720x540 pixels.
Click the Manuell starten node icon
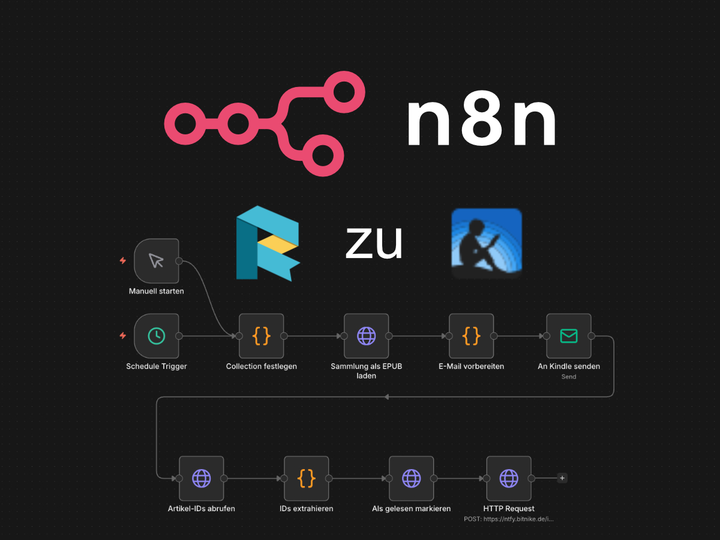pos(156,260)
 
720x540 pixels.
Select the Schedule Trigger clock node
pos(156,336)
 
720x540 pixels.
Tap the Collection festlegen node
pos(261,336)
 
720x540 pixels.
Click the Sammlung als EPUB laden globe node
pos(366,336)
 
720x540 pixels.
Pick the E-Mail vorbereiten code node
pos(471,336)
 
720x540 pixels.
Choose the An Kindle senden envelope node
pos(568,336)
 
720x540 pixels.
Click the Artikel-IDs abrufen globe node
pos(201,478)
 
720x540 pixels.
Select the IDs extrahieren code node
pos(306,478)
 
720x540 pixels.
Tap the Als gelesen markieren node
pos(411,478)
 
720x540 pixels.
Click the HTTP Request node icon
pos(508,478)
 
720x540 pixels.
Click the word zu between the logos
pos(373,243)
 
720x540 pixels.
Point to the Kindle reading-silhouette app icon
pos(486,243)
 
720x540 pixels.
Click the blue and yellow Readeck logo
pos(267,243)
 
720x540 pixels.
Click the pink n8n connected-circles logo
pos(264,123)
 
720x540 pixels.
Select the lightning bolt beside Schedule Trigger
pos(123,336)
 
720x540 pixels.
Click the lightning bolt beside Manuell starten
pos(123,260)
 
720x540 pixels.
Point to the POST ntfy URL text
pos(508,519)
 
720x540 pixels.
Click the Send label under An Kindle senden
pos(568,377)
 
